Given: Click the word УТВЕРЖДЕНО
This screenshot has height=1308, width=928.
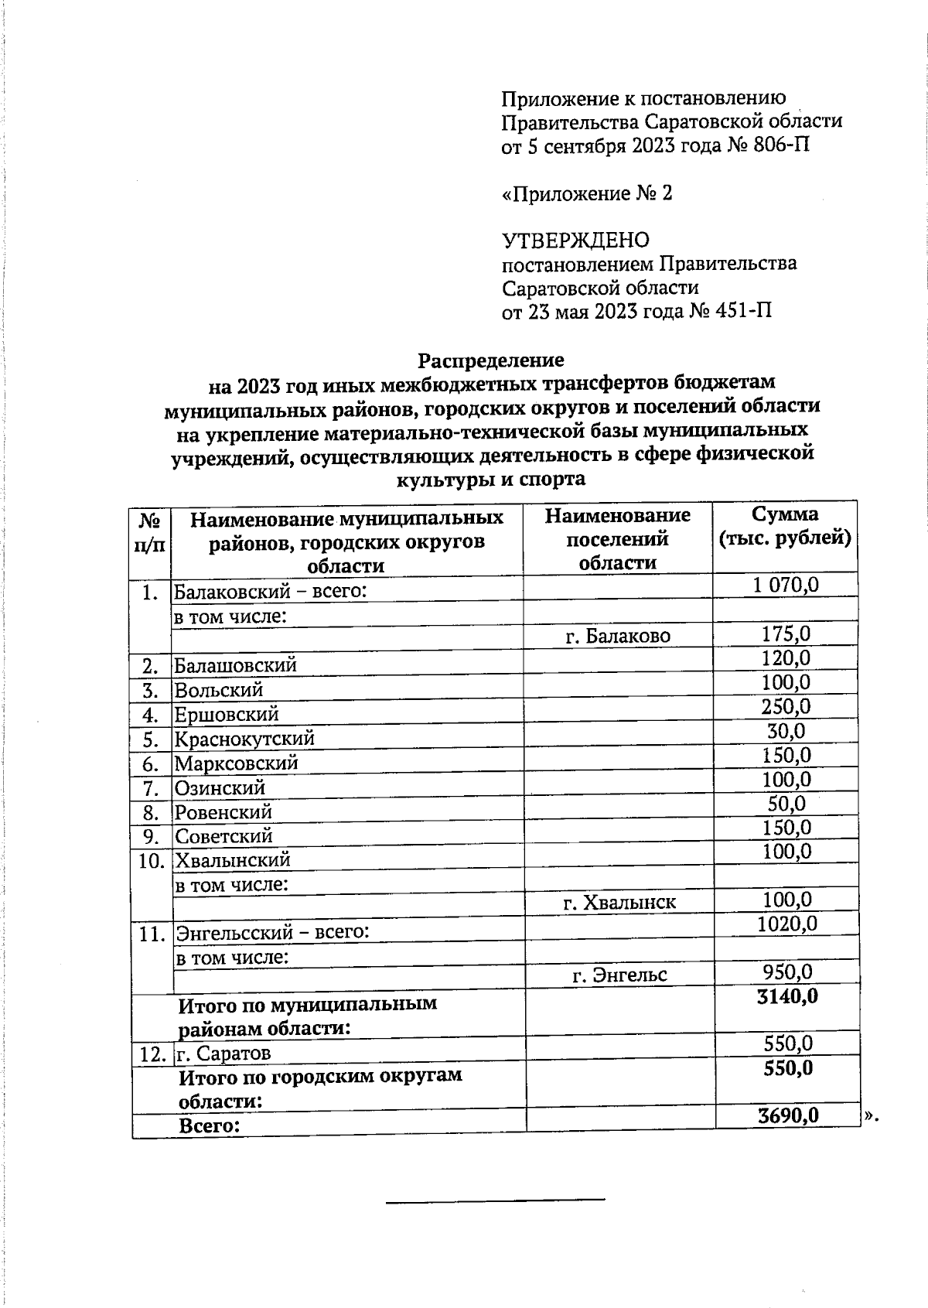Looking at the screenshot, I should (x=575, y=241).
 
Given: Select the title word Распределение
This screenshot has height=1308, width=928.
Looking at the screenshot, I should (x=491, y=360).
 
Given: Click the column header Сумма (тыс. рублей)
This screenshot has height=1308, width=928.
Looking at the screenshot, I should (x=785, y=527).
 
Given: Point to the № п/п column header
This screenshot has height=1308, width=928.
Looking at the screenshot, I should (x=150, y=533).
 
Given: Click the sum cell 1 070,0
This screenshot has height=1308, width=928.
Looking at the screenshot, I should (x=785, y=585).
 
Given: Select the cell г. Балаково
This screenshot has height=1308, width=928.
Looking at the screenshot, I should (x=618, y=637).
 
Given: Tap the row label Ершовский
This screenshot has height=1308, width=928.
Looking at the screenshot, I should (x=227, y=715).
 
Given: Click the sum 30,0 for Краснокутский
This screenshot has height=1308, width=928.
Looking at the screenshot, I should (x=786, y=731).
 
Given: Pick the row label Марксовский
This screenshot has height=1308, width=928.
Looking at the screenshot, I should (x=236, y=763).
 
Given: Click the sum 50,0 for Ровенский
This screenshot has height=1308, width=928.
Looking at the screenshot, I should (x=786, y=804).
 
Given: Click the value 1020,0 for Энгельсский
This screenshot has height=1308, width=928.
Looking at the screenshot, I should (x=786, y=924).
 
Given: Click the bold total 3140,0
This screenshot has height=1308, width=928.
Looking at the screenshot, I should (x=787, y=996).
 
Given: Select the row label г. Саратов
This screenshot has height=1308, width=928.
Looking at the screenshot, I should (x=223, y=1054).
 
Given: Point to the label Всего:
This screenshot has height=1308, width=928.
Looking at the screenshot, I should (x=209, y=1126).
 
